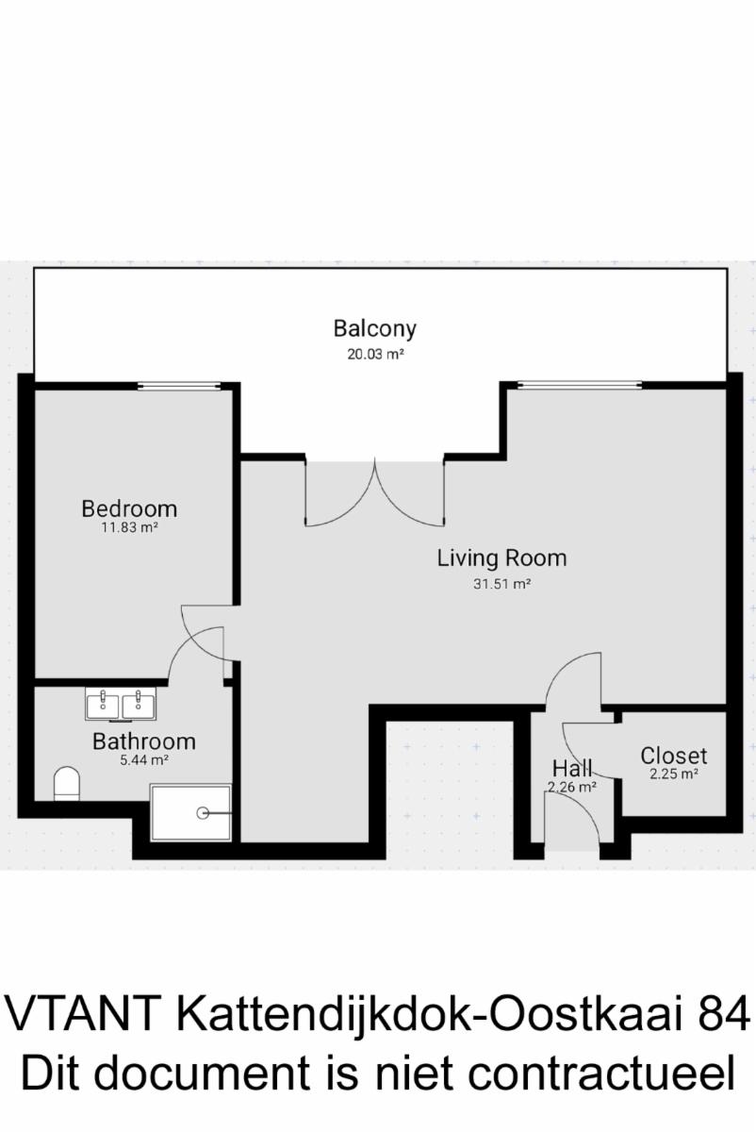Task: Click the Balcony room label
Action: (375, 329)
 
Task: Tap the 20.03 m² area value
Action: (375, 355)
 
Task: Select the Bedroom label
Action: (129, 508)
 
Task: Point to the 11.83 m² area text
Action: (130, 527)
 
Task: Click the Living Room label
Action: (501, 558)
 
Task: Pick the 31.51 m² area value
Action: (501, 584)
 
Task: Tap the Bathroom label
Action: (144, 741)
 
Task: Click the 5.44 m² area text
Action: (144, 760)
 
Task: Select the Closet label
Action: (674, 756)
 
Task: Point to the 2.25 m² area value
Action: (674, 774)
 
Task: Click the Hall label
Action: (572, 769)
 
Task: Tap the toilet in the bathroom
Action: (67, 783)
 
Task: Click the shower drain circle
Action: (203, 813)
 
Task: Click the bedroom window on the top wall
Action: (179, 386)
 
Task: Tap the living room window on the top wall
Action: (580, 386)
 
